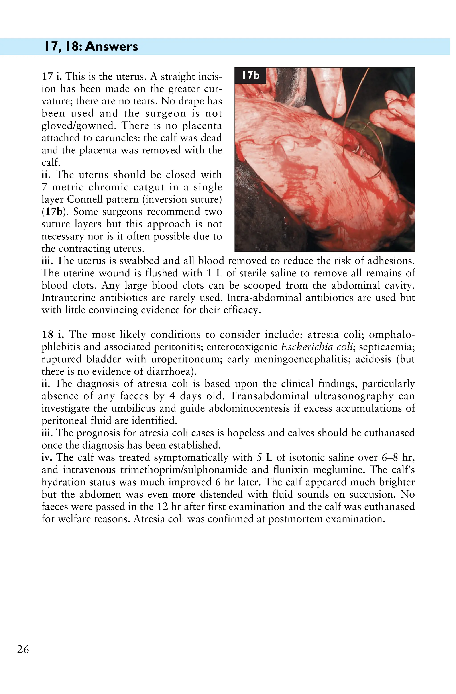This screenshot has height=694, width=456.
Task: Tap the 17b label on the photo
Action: [250, 76]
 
